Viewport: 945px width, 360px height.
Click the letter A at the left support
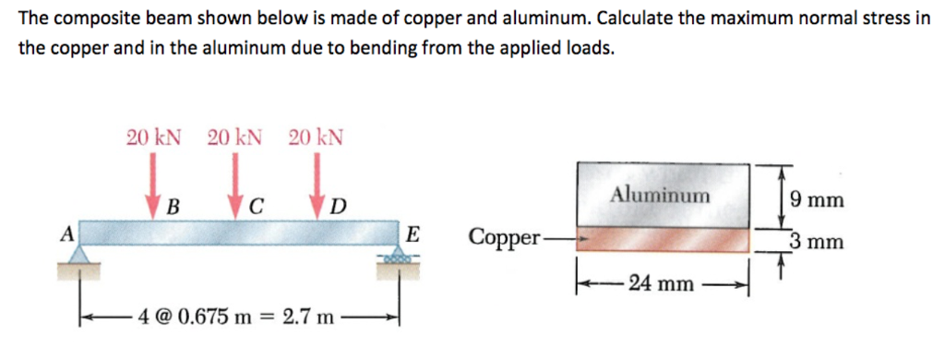pyautogui.click(x=66, y=234)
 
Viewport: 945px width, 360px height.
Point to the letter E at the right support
pyautogui.click(x=413, y=234)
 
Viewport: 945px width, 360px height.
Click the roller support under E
pyautogui.click(x=398, y=257)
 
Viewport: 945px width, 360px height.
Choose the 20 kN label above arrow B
pyautogui.click(x=153, y=138)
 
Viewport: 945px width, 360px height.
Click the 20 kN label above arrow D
pyautogui.click(x=316, y=138)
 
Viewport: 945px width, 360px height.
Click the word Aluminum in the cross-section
pyautogui.click(x=661, y=195)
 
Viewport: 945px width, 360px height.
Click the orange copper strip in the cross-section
pyautogui.click(x=663, y=240)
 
